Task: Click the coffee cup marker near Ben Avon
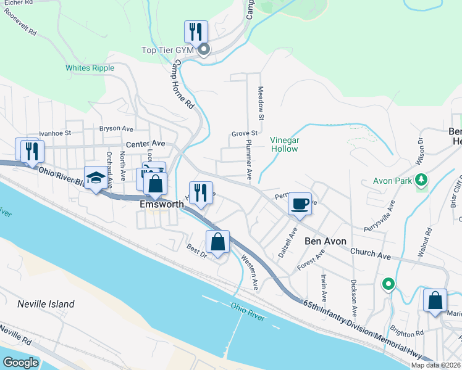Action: pyautogui.click(x=300, y=203)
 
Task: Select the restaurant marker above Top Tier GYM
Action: pyautogui.click(x=196, y=31)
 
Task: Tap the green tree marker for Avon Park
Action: pyautogui.click(x=422, y=180)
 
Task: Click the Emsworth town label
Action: pyautogui.click(x=162, y=203)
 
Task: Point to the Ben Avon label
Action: pyautogui.click(x=325, y=241)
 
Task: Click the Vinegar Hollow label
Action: pyautogui.click(x=285, y=144)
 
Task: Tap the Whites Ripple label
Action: pyautogui.click(x=86, y=68)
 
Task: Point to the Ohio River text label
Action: pyautogui.click(x=248, y=311)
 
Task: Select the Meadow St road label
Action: pyautogui.click(x=261, y=103)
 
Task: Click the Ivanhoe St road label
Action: pyautogui.click(x=55, y=132)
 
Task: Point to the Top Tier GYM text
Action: pyautogui.click(x=167, y=50)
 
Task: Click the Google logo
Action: pyautogui.click(x=21, y=362)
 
